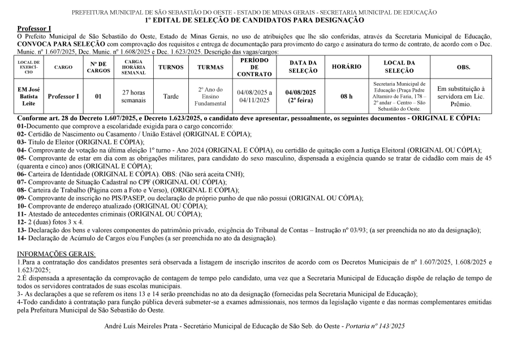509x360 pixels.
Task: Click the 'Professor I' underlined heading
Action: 34,28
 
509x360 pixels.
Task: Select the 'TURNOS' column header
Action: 171,67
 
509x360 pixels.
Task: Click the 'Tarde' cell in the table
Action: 171,97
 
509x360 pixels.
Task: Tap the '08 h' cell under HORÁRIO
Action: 346,97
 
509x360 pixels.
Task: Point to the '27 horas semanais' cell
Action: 133,97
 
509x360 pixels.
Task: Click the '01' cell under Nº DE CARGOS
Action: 98,97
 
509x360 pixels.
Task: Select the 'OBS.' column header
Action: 463,67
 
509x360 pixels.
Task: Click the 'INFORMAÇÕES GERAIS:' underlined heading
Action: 57,253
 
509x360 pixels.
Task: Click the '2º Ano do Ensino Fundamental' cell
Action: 211,97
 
